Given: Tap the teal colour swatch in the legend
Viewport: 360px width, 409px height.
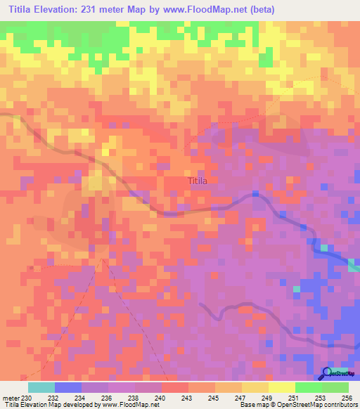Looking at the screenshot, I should (x=41, y=387).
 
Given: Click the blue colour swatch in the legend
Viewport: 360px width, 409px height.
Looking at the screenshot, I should (x=68, y=387).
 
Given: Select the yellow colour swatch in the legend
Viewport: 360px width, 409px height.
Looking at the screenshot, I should (x=281, y=387).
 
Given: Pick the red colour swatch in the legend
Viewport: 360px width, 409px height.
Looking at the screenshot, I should (x=175, y=387).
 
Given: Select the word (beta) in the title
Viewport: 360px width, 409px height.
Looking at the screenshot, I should (x=259, y=10).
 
